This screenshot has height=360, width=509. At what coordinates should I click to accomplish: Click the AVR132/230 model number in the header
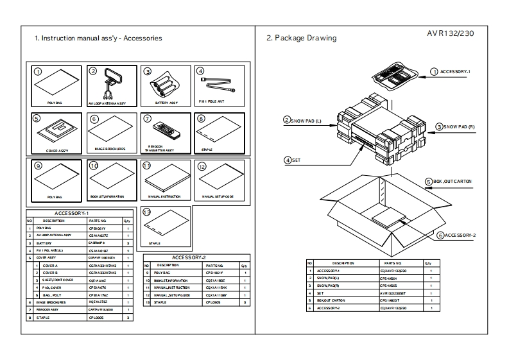pos(450,34)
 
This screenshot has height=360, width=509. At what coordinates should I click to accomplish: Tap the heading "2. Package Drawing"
pos(300,38)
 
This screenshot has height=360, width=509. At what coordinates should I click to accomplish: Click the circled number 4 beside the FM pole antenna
pos(200,71)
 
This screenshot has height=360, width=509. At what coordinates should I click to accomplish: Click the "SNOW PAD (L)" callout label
pos(307,120)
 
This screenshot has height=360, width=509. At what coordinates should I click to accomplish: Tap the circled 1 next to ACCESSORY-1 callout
pos(434,71)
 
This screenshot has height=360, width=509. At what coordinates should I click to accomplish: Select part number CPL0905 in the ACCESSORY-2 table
pos(213,301)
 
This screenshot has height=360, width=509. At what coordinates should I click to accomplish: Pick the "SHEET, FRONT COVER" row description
pos(58,280)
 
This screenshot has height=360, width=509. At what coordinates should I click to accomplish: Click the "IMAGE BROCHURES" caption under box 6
pos(110,149)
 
